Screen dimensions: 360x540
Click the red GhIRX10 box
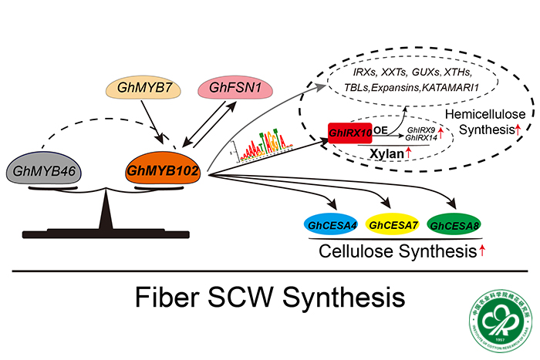(x=352, y=133)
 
